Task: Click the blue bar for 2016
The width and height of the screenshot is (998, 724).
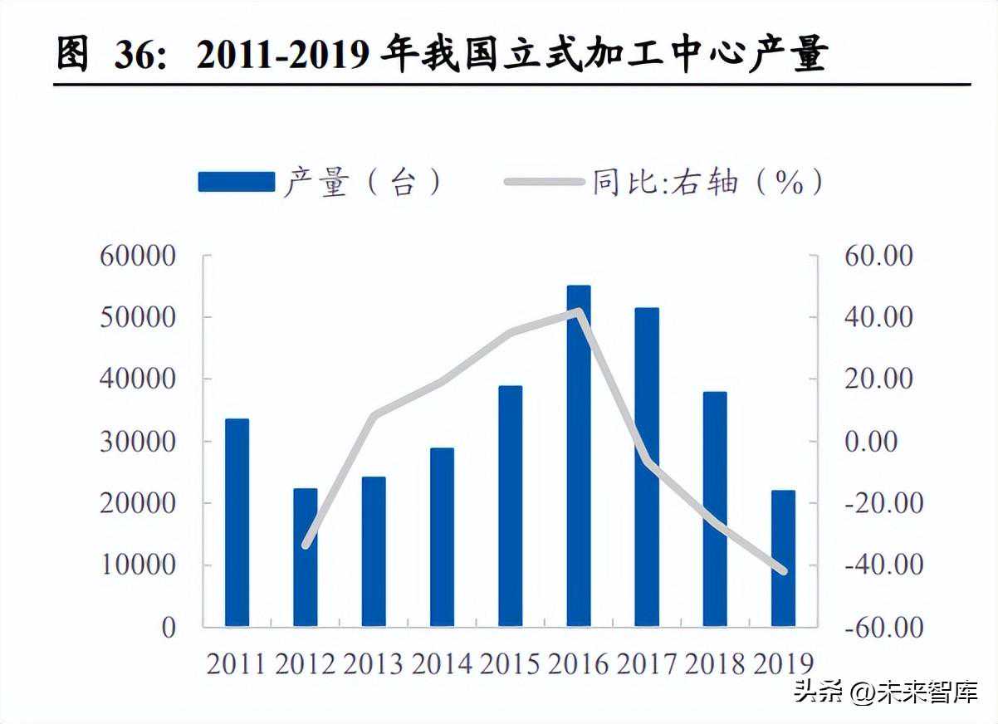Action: tap(579, 456)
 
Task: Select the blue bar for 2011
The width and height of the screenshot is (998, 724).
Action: tap(237, 522)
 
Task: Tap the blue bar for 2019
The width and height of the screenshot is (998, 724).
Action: tap(783, 558)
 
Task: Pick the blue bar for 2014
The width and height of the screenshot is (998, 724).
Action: tap(442, 537)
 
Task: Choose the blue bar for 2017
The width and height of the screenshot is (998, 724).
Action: tap(647, 467)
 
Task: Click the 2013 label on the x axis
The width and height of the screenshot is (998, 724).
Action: tap(373, 663)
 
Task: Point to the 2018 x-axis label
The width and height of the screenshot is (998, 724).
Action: tap(714, 663)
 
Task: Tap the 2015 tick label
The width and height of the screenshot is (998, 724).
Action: tap(509, 663)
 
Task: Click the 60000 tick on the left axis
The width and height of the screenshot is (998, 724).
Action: tap(138, 256)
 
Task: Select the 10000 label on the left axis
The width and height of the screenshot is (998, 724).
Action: tap(138, 565)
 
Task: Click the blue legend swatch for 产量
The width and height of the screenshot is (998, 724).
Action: tap(236, 182)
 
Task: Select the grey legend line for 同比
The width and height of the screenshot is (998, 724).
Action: tap(543, 182)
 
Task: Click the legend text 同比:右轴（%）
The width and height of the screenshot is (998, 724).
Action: tap(707, 182)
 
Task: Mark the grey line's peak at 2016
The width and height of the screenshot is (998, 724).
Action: tap(579, 311)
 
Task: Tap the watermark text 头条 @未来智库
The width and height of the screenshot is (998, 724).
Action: tap(885, 692)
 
